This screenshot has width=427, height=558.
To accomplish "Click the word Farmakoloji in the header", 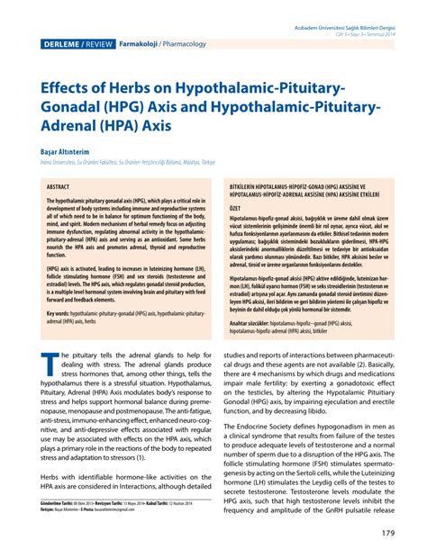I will pos(139,42).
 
